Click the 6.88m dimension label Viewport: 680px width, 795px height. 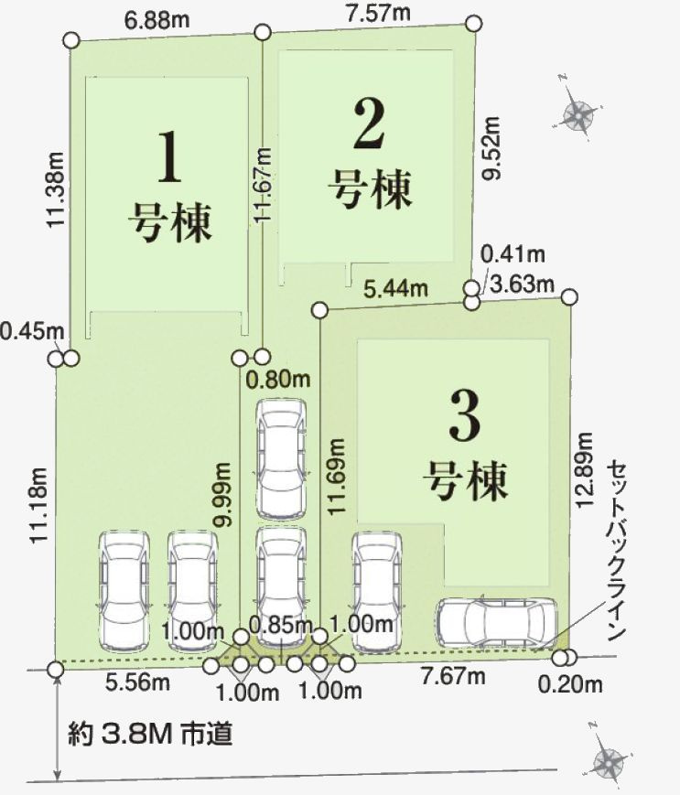point(157,20)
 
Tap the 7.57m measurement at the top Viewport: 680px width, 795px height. point(378,13)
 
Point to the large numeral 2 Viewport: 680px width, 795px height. point(369,124)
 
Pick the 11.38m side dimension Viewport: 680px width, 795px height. point(56,189)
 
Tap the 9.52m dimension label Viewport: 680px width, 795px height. point(491,147)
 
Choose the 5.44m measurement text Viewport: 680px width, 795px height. point(396,289)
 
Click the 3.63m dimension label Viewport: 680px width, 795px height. point(523,284)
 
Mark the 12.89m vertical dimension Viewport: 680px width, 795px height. point(584,469)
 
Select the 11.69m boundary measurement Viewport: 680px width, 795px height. point(336,477)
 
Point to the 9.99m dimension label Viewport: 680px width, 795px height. point(222,494)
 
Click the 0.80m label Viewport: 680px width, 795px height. point(277,379)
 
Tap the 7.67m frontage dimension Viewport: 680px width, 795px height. point(453,676)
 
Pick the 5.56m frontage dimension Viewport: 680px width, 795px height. point(137,682)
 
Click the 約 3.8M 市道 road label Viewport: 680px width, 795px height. point(151,734)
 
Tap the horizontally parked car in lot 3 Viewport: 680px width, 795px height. point(497,622)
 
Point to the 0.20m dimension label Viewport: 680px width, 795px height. point(570,685)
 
